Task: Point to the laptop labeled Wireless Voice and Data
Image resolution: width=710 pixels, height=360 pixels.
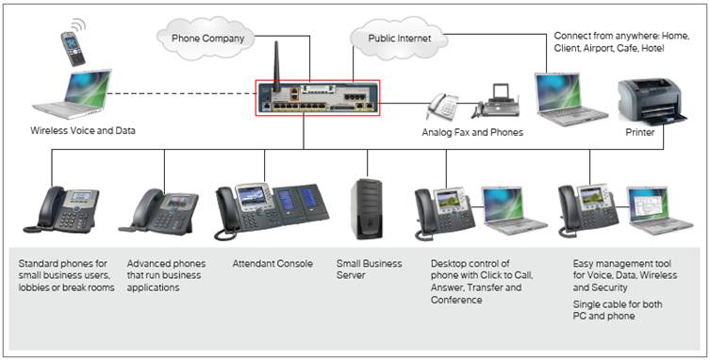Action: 74,94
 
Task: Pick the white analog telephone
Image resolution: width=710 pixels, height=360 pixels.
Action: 442,106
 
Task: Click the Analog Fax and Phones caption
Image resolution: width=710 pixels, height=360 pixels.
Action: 471,132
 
